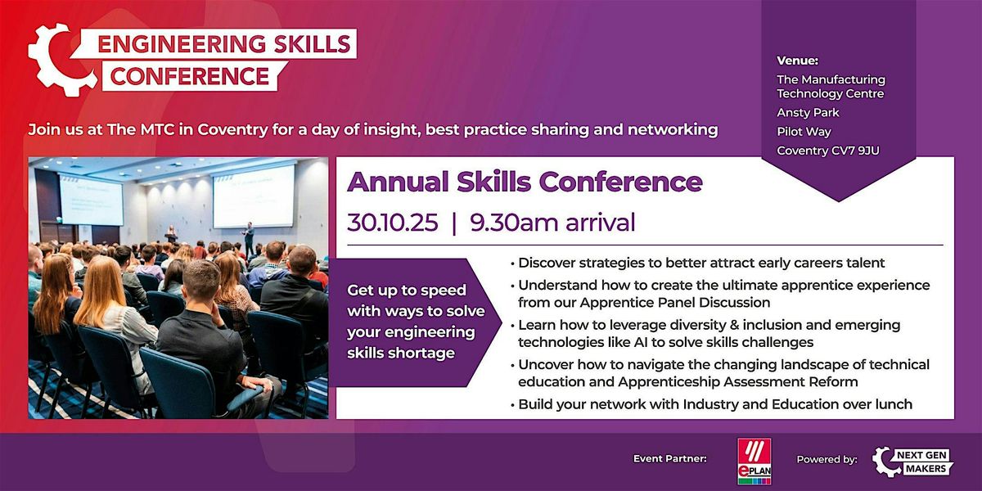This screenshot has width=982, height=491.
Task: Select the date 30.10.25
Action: tap(390, 223)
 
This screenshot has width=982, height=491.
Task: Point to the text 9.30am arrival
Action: tap(552, 223)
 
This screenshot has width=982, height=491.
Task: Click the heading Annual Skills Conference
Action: tap(525, 182)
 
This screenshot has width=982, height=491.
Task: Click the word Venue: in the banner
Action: tap(796, 60)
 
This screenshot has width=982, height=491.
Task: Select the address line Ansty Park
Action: tap(808, 112)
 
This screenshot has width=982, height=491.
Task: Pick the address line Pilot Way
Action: tap(804, 132)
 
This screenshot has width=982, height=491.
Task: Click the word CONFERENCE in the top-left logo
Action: tap(191, 77)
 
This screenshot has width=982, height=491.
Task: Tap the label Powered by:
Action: tap(827, 460)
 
